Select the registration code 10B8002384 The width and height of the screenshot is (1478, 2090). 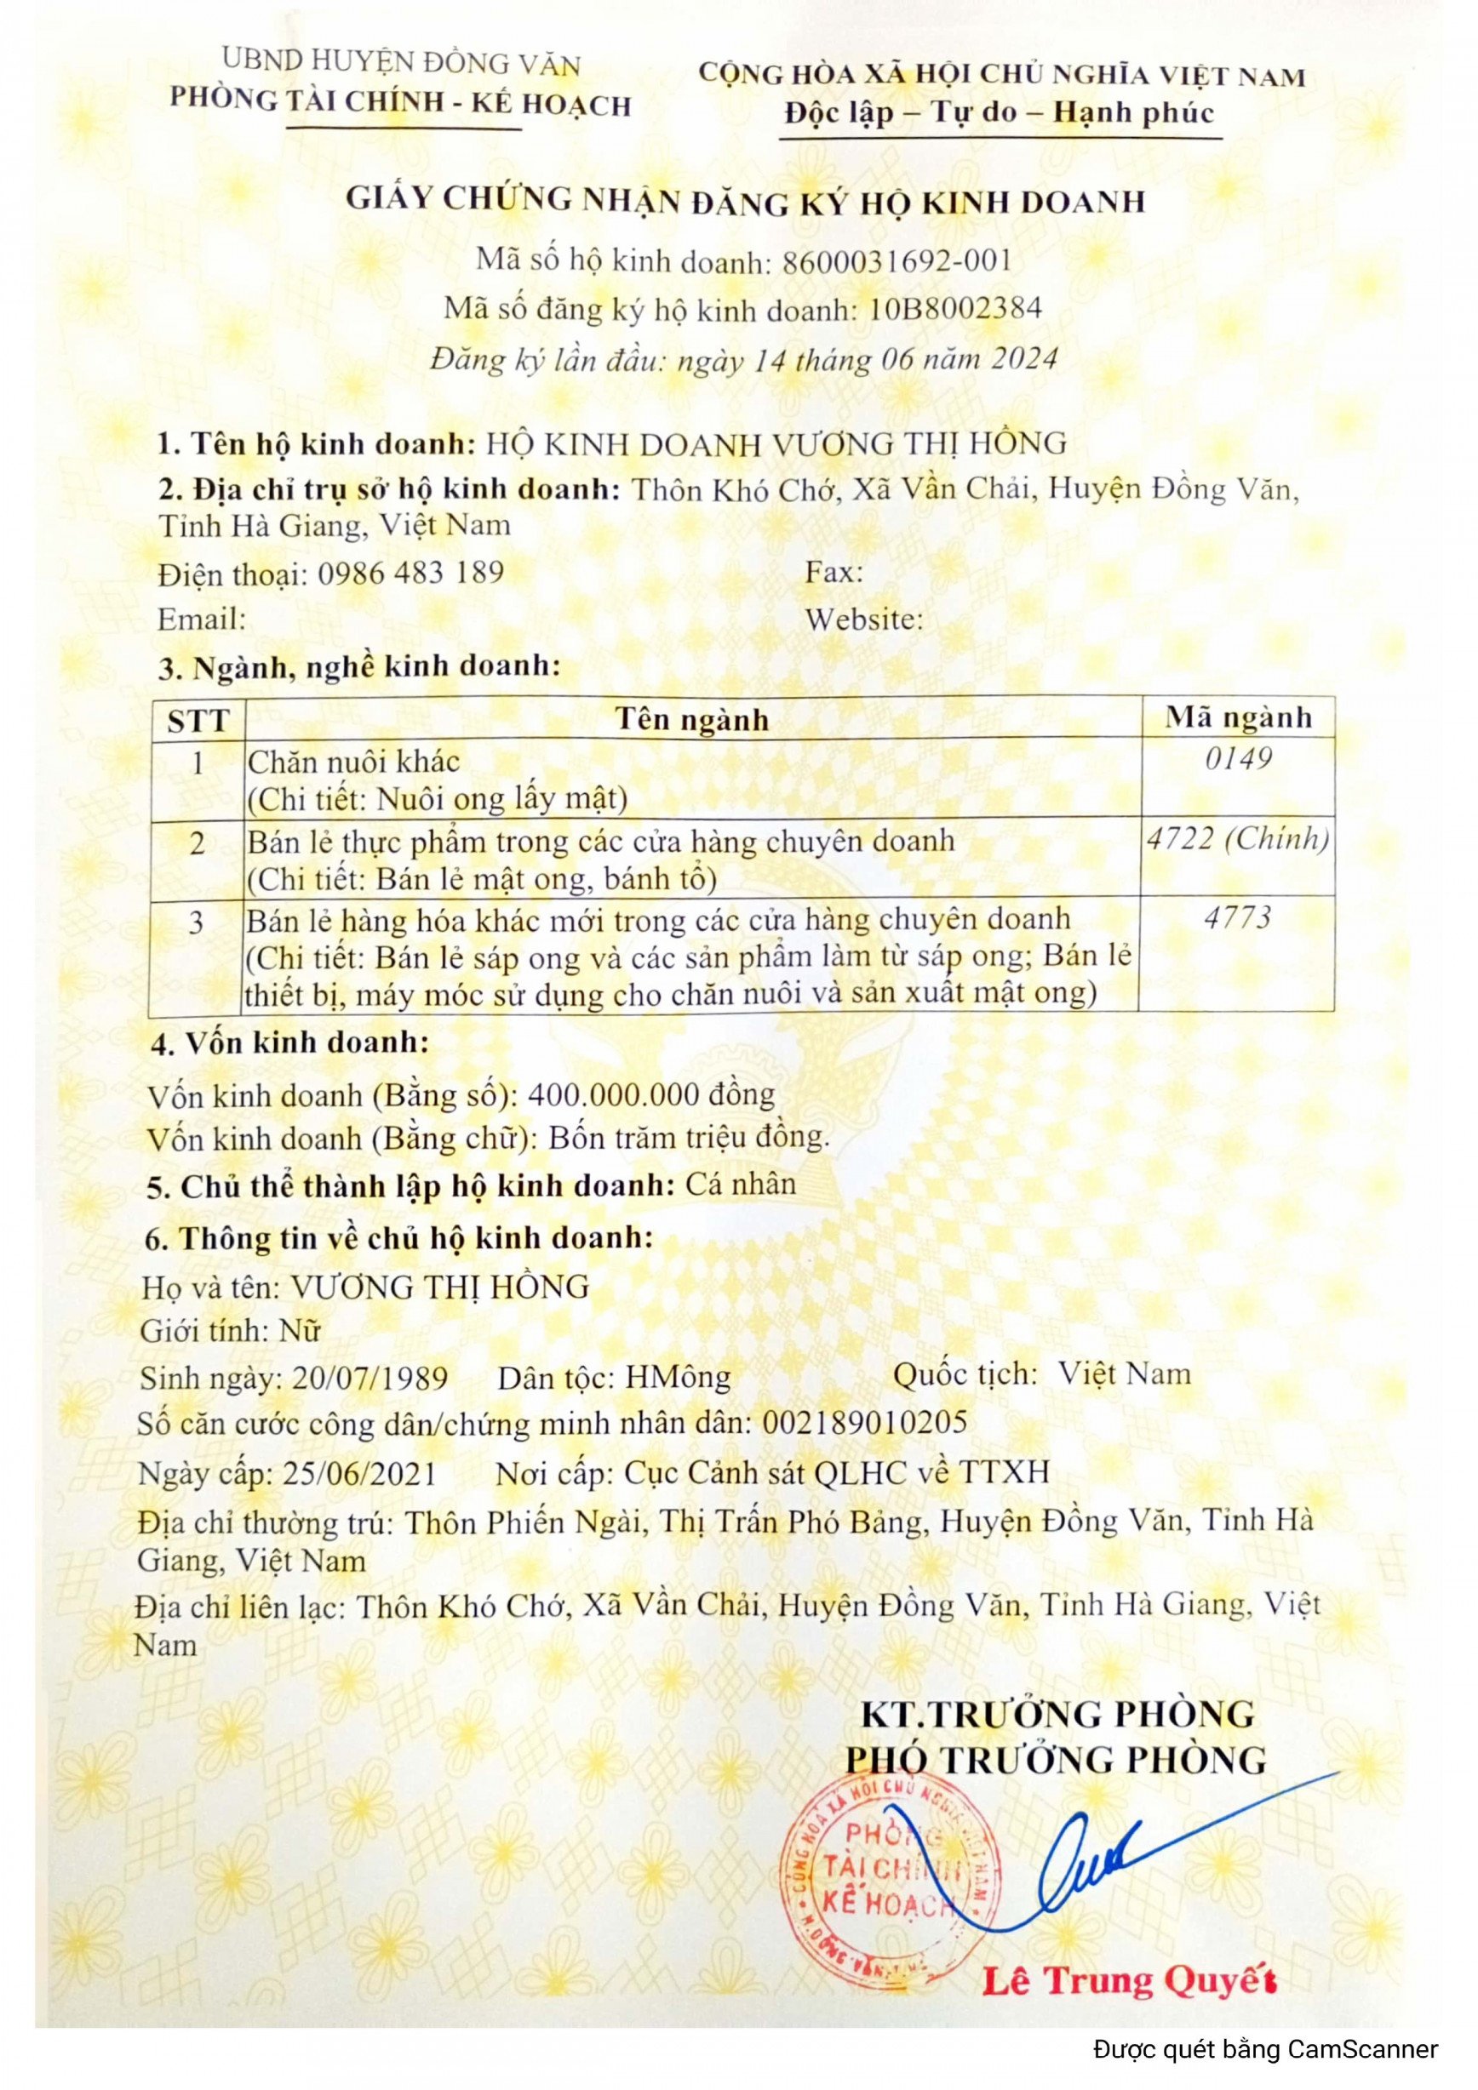(x=954, y=310)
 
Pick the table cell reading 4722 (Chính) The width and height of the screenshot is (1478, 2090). (x=1237, y=838)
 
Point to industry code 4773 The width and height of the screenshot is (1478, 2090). (x=1237, y=917)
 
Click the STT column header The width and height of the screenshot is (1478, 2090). (x=197, y=721)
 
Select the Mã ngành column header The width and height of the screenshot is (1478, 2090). (x=1238, y=717)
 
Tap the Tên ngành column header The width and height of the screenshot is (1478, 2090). (x=692, y=720)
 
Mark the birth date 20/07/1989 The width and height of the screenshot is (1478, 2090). (x=369, y=1379)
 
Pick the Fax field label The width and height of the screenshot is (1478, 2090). (x=834, y=573)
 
